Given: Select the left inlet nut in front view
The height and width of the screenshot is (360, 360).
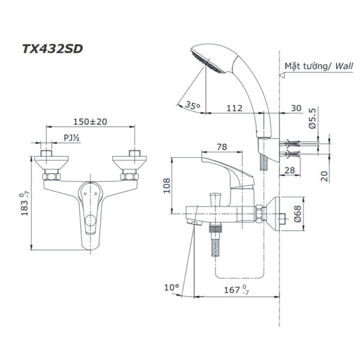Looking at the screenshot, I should [51, 176].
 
